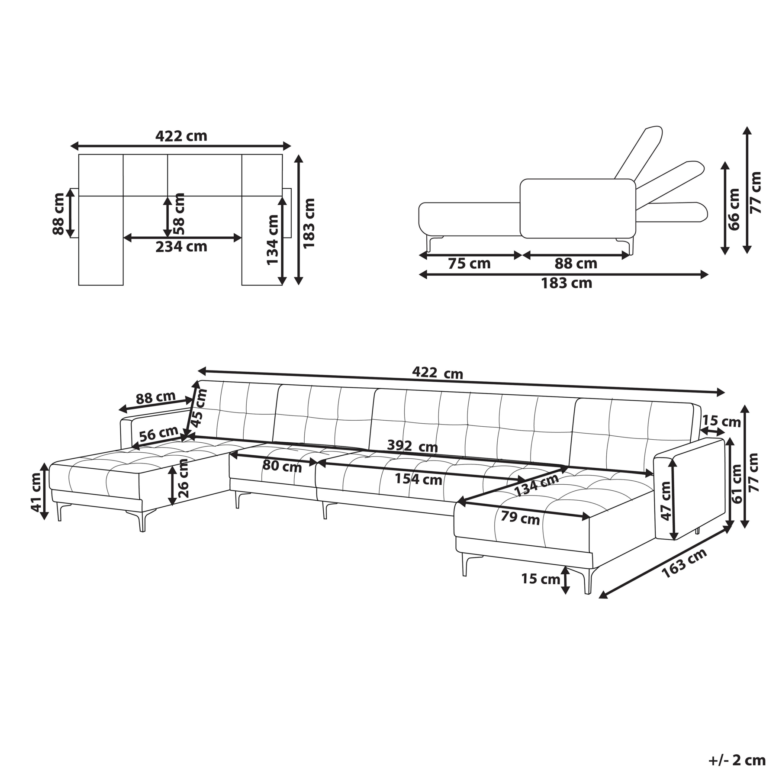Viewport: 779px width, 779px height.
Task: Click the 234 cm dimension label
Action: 181,247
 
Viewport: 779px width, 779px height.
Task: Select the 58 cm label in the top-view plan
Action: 178,214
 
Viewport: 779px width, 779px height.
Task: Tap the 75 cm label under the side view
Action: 469,264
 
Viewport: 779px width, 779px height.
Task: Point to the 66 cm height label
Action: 734,209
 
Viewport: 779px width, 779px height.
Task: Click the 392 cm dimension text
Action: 412,446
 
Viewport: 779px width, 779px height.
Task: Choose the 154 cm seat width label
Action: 418,480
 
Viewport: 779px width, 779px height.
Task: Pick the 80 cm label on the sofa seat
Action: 282,466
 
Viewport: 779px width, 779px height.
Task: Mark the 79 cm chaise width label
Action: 520,518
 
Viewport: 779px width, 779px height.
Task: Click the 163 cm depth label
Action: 684,563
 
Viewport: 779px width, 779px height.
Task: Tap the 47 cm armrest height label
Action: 666,501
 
